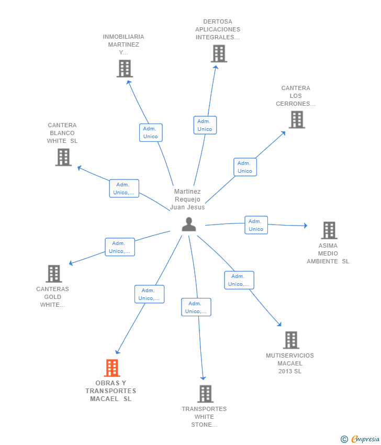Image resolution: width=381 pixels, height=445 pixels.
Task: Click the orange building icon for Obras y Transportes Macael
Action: pos(112,368)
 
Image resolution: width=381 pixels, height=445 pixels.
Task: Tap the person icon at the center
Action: pos(189,224)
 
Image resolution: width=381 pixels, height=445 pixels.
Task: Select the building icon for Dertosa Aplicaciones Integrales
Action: pos(219,53)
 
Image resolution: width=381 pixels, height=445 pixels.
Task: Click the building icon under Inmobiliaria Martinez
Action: pos(125,69)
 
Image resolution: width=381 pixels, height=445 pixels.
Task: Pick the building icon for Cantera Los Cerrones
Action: pos(297,119)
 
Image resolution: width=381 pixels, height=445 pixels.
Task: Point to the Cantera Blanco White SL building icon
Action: pos(63,157)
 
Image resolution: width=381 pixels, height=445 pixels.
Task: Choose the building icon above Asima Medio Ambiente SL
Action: pos(329,230)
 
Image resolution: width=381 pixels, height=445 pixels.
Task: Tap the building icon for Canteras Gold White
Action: pos(54,274)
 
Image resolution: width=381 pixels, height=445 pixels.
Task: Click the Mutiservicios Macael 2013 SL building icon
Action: pos(291,340)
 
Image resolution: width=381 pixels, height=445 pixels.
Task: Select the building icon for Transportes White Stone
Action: pos(205,394)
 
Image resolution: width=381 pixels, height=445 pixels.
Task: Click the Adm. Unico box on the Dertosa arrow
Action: pos(205,125)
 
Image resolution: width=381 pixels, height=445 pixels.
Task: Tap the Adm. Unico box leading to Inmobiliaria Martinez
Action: pos(151,132)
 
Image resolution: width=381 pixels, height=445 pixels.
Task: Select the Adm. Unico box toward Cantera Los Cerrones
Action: pos(245,167)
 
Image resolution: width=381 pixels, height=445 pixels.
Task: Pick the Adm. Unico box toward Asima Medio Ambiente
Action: pos(256,225)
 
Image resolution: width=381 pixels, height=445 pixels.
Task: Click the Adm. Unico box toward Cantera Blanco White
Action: pos(124,188)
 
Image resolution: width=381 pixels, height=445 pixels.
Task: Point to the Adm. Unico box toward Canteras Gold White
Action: pos(120,247)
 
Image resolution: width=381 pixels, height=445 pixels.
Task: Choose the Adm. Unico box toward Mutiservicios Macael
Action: pos(239,280)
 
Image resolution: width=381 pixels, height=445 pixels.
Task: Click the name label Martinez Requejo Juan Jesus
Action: pos(187,199)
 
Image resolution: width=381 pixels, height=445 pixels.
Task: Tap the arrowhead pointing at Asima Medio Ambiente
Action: pos(306,226)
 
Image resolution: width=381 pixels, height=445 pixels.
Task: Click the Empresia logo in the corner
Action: pos(360,439)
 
